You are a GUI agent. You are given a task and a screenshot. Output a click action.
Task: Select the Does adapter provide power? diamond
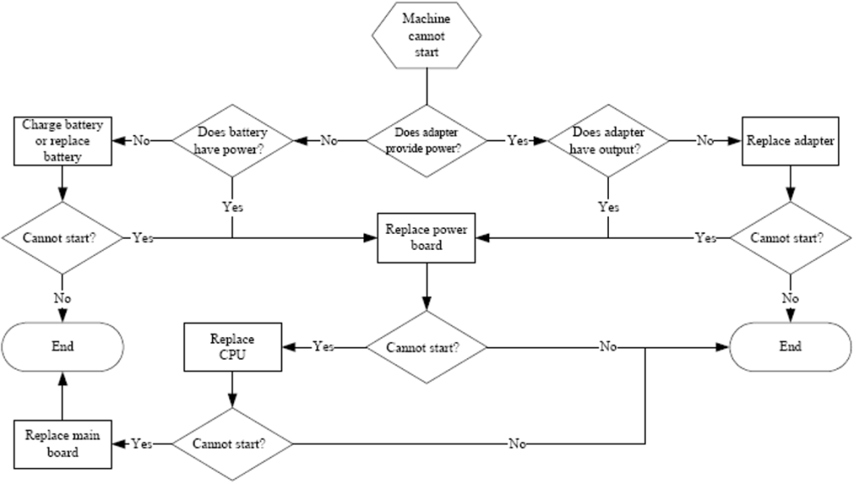pyautogui.click(x=427, y=140)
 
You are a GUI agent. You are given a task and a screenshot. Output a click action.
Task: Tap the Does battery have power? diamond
pyautogui.click(x=232, y=140)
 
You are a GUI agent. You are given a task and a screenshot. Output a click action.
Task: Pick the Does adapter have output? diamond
pyautogui.click(x=608, y=140)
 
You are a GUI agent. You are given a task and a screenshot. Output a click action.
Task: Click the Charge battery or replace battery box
pyautogui.click(x=62, y=140)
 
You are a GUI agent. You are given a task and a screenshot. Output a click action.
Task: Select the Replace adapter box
pyautogui.click(x=790, y=140)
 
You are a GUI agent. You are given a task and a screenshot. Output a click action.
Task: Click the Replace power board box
pyautogui.click(x=427, y=237)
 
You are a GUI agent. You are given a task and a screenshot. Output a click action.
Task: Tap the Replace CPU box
pyautogui.click(x=232, y=346)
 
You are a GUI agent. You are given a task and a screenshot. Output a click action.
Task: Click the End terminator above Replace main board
pyautogui.click(x=62, y=346)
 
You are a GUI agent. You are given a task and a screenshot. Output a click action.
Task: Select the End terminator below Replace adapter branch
pyautogui.click(x=790, y=346)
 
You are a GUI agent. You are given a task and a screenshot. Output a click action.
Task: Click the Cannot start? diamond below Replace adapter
pyautogui.click(x=790, y=237)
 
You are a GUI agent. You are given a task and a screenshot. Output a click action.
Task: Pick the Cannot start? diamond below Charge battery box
pyautogui.click(x=62, y=237)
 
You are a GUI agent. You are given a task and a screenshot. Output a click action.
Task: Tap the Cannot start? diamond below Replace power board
pyautogui.click(x=427, y=346)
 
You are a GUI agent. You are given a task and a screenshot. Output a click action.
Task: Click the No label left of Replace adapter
pyautogui.click(x=705, y=141)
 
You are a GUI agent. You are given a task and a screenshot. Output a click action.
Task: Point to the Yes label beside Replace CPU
pyautogui.click(x=323, y=346)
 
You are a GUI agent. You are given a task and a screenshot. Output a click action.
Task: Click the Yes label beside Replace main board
pyautogui.click(x=142, y=444)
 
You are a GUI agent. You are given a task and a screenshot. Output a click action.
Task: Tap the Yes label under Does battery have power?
pyautogui.click(x=232, y=206)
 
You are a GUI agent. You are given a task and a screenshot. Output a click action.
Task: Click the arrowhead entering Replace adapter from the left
pyautogui.click(x=737, y=141)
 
